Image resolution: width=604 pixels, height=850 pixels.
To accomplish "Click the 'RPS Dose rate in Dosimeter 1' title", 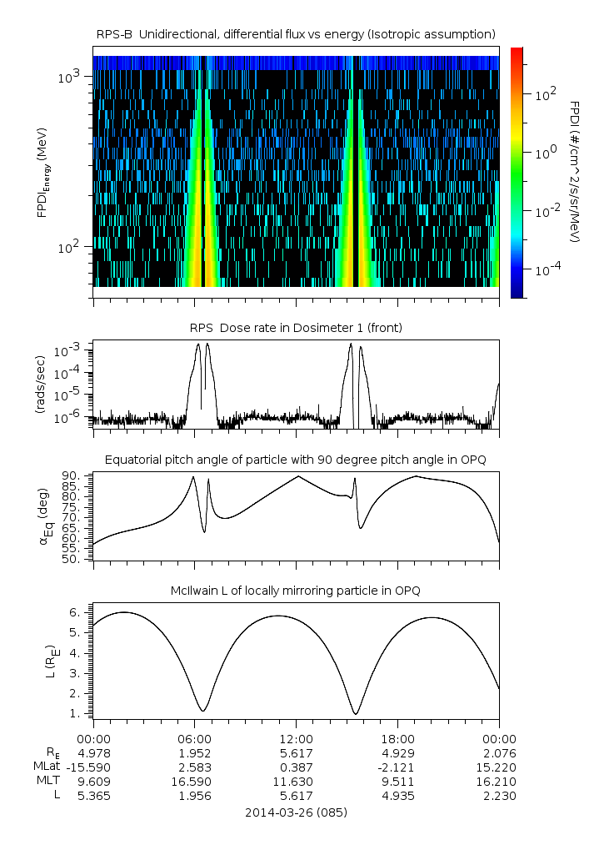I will (x=297, y=328).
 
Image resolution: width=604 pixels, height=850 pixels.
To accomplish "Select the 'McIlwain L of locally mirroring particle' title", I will (x=297, y=591).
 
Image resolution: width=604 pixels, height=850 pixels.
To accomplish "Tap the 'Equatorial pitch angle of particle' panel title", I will (x=297, y=460).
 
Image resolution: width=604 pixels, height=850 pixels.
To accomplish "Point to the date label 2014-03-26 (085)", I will (x=297, y=812).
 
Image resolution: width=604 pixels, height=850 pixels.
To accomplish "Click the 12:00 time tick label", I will (x=297, y=738).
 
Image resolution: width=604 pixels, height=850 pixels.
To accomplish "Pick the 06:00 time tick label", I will (x=195, y=738).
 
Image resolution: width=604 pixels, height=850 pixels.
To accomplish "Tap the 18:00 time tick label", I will (x=398, y=738).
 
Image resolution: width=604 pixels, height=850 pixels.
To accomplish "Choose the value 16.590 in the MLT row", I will (x=195, y=782).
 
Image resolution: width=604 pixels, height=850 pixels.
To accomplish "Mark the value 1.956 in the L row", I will (x=195, y=796).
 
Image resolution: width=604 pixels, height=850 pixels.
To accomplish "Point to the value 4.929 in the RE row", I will (x=398, y=752).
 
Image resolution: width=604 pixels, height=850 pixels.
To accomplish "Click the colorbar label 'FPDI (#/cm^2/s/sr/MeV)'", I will (x=575, y=172).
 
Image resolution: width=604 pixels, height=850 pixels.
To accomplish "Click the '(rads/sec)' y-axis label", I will (x=39, y=385).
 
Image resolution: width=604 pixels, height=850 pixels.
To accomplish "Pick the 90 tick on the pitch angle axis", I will (x=72, y=475).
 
